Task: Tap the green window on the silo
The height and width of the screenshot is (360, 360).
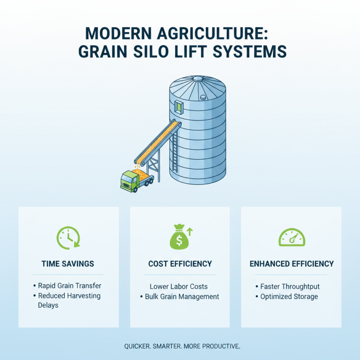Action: coord(180,107)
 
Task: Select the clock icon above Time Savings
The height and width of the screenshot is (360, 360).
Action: coord(68,237)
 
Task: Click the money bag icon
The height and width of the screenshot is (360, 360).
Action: coord(179,238)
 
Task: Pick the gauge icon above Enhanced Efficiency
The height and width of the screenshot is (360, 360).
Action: coord(292,238)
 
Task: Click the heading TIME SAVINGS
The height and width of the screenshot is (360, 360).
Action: coord(68,264)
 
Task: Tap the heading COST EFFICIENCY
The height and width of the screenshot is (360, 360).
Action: coord(180,264)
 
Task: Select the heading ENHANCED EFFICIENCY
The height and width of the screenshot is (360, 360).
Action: coord(292,264)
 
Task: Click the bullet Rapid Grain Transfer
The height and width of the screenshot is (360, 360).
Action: coord(69,285)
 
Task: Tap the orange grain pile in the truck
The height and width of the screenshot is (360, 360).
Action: coord(143,173)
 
